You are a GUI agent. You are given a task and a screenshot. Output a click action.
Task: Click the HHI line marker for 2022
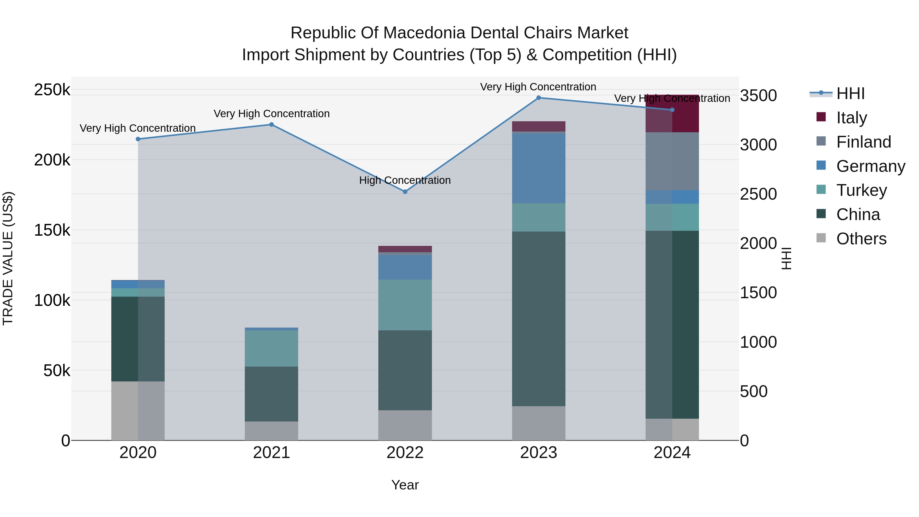pyautogui.click(x=405, y=191)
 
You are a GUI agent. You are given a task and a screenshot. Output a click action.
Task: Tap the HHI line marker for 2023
pyautogui.click(x=539, y=98)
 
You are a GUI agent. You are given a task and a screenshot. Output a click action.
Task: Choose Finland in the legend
pyautogui.click(x=863, y=142)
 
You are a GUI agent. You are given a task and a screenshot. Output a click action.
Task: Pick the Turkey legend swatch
pyautogui.click(x=821, y=189)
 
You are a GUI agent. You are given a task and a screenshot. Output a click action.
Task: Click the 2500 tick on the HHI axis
pyautogui.click(x=758, y=194)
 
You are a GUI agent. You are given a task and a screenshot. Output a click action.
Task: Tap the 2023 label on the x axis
pyautogui.click(x=538, y=453)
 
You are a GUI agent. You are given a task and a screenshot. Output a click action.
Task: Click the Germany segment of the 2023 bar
pyautogui.click(x=539, y=168)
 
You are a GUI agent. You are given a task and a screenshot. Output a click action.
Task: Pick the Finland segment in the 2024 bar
pyautogui.click(x=672, y=161)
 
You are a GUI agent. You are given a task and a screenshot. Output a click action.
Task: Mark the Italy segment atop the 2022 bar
pyautogui.click(x=405, y=249)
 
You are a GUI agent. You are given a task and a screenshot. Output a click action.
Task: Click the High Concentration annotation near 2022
pyautogui.click(x=405, y=181)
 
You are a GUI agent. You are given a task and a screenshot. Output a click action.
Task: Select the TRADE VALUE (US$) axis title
pyautogui.click(x=8, y=258)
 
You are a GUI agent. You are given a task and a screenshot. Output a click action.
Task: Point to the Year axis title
pyautogui.click(x=405, y=485)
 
